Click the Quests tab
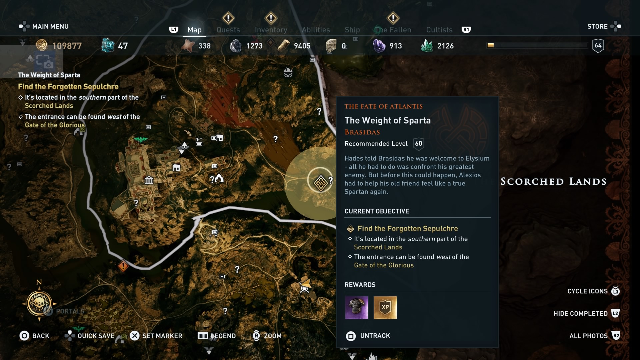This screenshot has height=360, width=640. click(228, 30)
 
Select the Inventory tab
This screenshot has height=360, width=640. click(271, 30)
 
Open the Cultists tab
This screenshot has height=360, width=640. click(439, 30)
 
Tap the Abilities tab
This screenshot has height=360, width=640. click(316, 30)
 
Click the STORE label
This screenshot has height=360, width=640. click(597, 26)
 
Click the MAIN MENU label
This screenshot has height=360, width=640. click(50, 26)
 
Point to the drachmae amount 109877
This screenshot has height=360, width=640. click(67, 46)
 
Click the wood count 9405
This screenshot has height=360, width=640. click(302, 46)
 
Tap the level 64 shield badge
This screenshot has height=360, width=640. click(598, 46)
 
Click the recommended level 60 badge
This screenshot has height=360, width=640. click(418, 144)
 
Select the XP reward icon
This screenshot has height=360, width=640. click(385, 307)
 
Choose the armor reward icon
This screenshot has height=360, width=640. click(356, 307)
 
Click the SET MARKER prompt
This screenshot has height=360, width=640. click(162, 336)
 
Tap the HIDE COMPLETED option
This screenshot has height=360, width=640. click(580, 313)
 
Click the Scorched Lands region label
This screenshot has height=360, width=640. click(553, 182)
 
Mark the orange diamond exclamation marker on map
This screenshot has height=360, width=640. click(123, 266)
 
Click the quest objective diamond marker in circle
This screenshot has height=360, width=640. click(320, 183)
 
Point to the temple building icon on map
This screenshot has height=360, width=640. click(149, 180)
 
